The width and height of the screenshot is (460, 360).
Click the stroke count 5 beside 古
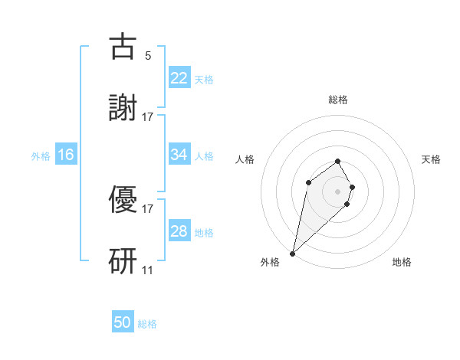(148, 55)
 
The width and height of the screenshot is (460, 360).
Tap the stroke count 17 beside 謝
(148, 116)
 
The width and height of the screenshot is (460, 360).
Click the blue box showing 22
(179, 78)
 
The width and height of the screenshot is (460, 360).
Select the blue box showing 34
(179, 155)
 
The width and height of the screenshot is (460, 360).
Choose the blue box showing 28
(179, 231)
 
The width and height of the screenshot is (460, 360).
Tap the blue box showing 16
(66, 155)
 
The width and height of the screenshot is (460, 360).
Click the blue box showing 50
(123, 323)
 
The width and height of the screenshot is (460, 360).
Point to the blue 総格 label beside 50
(147, 324)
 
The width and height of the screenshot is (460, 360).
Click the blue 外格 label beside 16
(41, 155)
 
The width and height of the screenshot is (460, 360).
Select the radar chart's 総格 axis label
(338, 100)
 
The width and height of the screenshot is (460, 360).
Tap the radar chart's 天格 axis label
(432, 159)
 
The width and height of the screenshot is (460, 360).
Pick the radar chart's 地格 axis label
(402, 262)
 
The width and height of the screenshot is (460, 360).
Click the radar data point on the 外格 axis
(292, 253)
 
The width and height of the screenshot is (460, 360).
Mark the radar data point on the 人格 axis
(308, 182)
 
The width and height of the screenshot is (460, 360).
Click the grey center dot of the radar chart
(338, 191)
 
